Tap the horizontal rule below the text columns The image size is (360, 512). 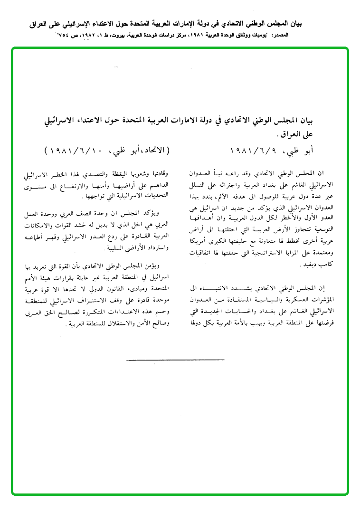point(175,360)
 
